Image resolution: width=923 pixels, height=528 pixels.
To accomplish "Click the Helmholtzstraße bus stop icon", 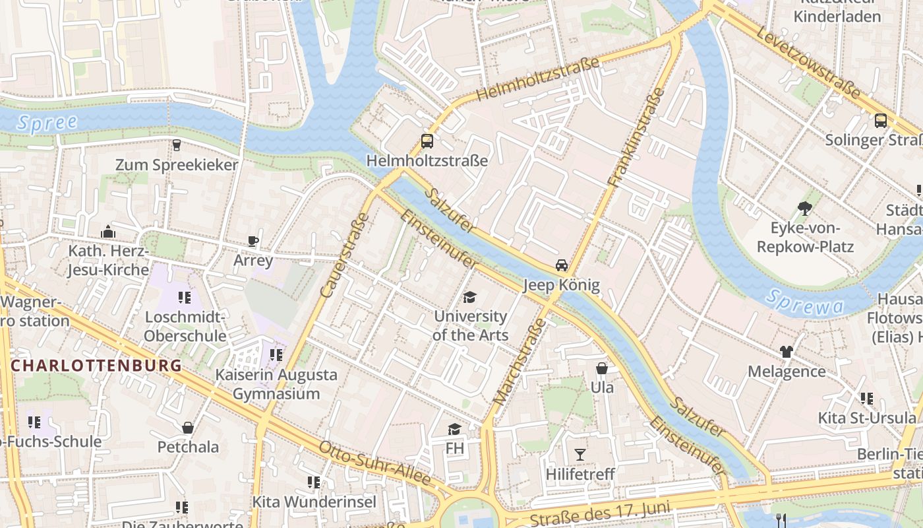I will [427, 141].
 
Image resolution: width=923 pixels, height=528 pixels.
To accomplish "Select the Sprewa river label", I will [804, 302].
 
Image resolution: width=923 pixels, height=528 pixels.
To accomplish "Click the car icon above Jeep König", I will [562, 265].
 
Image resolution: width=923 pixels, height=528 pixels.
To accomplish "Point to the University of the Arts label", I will [470, 325].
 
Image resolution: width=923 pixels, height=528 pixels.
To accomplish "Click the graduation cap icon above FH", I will [454, 430].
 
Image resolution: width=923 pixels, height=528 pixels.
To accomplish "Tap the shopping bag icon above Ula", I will [602, 368].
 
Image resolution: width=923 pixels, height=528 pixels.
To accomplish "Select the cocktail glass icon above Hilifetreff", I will [580, 454].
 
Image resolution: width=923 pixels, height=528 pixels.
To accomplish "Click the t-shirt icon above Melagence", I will [786, 351].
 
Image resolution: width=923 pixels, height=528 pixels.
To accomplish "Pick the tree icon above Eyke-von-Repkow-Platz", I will [804, 209].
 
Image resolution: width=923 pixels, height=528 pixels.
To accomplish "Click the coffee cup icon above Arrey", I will [253, 241].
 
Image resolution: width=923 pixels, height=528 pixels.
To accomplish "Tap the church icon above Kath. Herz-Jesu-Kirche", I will [108, 232].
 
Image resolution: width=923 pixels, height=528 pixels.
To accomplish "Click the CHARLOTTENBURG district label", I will [96, 366].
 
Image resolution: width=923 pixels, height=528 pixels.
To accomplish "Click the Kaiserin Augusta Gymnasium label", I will [276, 384].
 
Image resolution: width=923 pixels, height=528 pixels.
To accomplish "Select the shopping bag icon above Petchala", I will [188, 428].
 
